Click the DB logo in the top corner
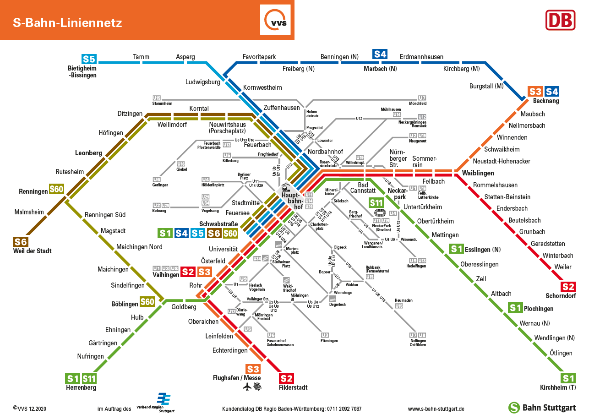click(560, 20)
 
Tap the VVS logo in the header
click(275, 20)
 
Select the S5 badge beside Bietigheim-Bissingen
click(89, 59)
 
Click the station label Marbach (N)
click(380, 69)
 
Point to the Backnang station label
click(546, 101)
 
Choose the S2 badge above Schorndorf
click(568, 287)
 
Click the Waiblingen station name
click(478, 173)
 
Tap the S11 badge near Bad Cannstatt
click(376, 202)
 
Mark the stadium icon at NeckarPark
click(380, 213)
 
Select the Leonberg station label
click(88, 153)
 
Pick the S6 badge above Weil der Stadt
click(21, 242)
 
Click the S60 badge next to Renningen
click(57, 189)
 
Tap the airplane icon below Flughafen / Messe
click(247, 387)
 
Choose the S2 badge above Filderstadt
click(286, 378)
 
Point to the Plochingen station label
click(539, 309)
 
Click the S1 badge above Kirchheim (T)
click(568, 378)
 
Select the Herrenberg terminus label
click(81, 387)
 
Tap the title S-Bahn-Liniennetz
click(67, 22)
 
